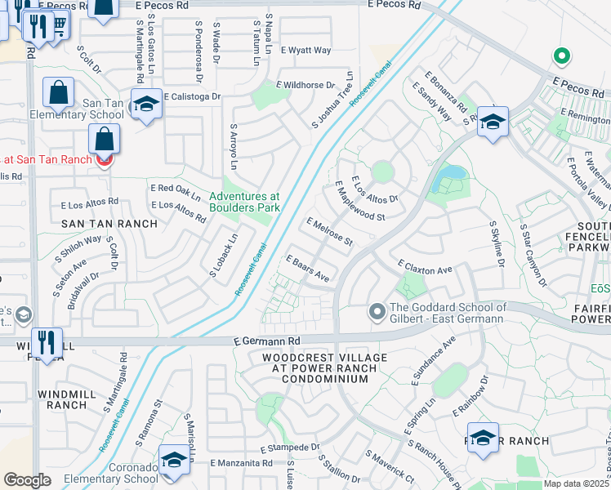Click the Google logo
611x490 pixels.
click(27, 480)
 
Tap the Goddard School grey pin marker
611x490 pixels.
click(377, 311)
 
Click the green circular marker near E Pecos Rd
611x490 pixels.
click(560, 56)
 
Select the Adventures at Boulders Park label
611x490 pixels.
click(244, 202)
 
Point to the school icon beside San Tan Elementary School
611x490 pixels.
click(146, 104)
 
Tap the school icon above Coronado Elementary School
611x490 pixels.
click(174, 459)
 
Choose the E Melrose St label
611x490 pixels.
click(329, 231)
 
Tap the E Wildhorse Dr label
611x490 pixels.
click(305, 85)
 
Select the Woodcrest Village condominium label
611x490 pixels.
click(319, 368)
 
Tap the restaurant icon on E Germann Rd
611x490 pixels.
click(47, 343)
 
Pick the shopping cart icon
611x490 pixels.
click(59, 24)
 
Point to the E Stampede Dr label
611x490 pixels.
click(289, 448)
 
